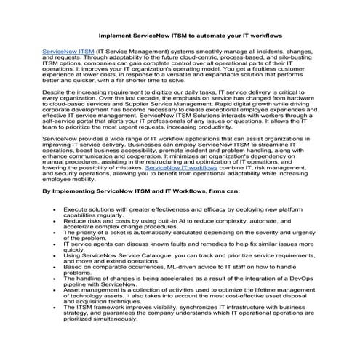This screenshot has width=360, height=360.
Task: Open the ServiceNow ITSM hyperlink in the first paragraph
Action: [x=68, y=53]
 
